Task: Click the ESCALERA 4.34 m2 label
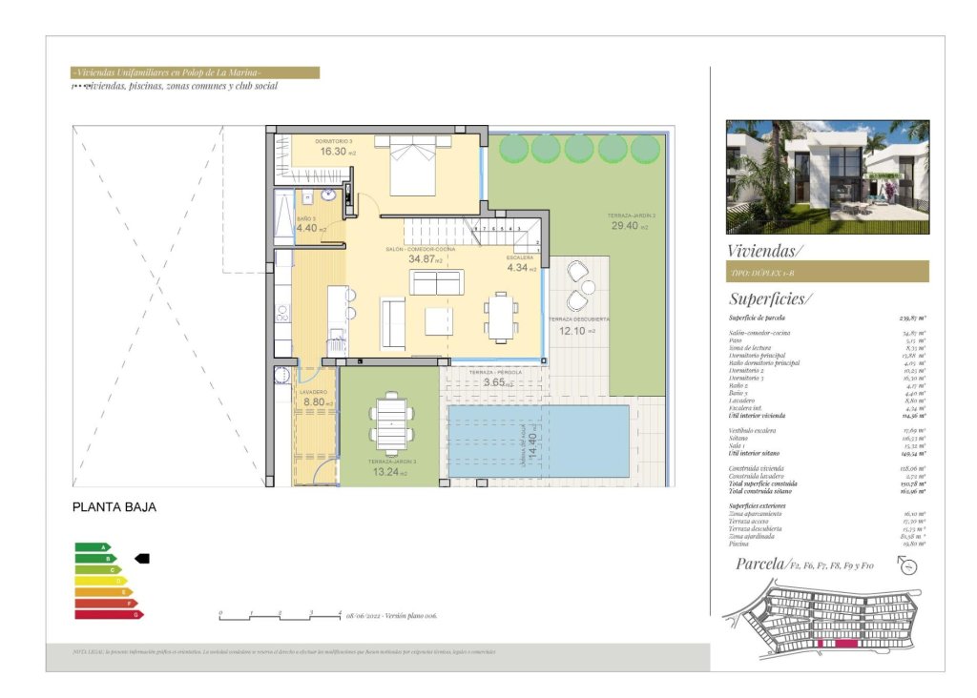coord(521,268)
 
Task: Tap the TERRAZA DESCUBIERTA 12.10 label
coord(573,331)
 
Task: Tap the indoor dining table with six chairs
coord(501,317)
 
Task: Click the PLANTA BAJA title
coord(114,507)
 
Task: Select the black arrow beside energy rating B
coord(142,558)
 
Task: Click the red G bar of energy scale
coord(108,615)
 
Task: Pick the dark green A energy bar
coord(93,546)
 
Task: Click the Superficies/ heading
coord(771,298)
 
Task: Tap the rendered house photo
coord(827,176)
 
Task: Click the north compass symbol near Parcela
coord(908,566)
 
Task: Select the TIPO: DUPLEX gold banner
coord(827,272)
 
